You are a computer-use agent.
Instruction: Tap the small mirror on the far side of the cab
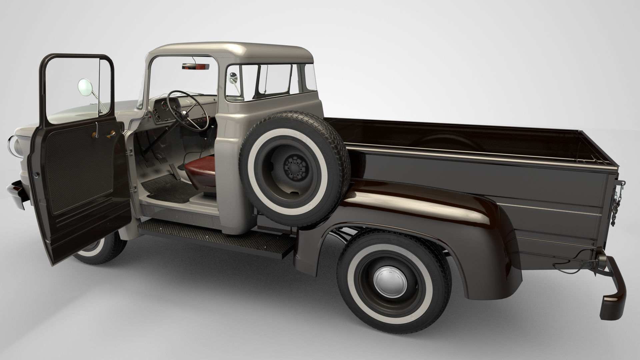[233, 78]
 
